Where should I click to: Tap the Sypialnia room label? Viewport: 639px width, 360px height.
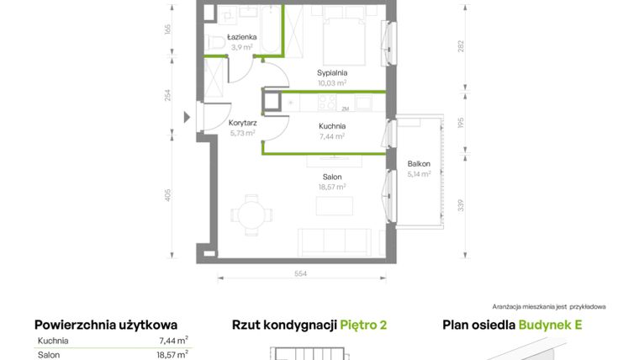click(332, 73)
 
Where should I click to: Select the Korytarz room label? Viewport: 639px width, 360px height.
click(242, 123)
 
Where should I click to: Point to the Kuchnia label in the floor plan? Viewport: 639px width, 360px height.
click(332, 126)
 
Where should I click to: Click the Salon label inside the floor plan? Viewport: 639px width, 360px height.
click(332, 177)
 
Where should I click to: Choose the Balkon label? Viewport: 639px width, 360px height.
click(418, 164)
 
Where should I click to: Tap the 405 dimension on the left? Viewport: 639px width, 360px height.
click(168, 195)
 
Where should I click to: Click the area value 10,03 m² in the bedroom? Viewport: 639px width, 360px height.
click(332, 83)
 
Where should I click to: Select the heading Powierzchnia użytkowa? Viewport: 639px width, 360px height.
click(106, 326)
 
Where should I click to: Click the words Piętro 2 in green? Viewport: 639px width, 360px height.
click(363, 326)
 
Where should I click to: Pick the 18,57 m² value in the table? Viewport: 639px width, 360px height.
click(172, 355)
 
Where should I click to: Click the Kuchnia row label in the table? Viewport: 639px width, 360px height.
click(53, 341)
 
